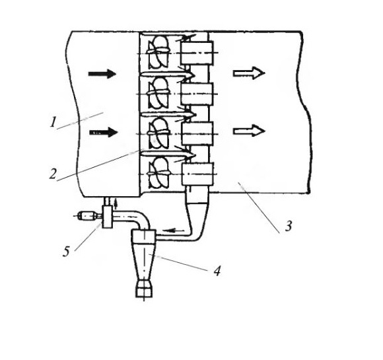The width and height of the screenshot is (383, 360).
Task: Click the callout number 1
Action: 53,122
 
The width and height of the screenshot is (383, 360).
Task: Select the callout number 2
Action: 53,174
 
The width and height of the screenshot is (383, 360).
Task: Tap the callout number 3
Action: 289,226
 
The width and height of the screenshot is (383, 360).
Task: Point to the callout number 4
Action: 217,271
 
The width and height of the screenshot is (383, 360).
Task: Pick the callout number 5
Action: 66,252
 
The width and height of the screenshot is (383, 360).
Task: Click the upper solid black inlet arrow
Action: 102,73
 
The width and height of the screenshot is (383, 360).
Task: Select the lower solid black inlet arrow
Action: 104,132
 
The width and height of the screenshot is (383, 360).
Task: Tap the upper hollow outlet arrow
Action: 249,73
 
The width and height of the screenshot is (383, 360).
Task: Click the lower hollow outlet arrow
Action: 249,131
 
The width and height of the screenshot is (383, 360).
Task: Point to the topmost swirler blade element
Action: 158,52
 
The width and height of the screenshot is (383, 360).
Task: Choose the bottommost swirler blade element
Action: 158,173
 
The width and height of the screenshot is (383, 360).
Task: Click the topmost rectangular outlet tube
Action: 197,53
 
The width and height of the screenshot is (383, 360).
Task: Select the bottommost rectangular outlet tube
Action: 198,174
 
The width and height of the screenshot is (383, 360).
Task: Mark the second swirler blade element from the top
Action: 158,92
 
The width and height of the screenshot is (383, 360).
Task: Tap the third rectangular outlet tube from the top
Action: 197,133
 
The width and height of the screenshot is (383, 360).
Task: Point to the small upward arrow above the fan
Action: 116,203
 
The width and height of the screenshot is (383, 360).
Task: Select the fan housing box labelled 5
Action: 107,217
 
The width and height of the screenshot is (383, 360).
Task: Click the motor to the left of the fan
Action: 88,216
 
